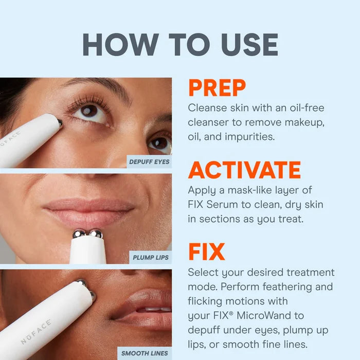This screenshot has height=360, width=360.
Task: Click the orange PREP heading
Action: (x=217, y=88)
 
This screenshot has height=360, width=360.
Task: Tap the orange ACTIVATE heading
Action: (x=244, y=170)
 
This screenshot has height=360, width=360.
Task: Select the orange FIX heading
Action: (x=206, y=251)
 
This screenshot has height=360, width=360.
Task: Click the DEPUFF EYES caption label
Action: (x=149, y=162)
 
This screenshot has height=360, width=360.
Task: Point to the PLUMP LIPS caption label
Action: (x=151, y=257)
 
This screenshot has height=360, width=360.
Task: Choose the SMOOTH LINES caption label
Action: (x=145, y=353)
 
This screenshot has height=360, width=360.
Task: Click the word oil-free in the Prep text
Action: (x=307, y=107)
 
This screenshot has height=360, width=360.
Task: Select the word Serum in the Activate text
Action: (x=222, y=205)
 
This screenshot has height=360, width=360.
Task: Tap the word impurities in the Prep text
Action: (x=249, y=137)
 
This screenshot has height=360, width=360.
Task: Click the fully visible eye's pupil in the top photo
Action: (x=89, y=111)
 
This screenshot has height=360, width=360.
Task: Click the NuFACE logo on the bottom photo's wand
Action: (x=36, y=332)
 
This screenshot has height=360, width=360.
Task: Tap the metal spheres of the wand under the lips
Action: (x=87, y=233)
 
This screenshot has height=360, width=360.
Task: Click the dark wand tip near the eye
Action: (x=60, y=123)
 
